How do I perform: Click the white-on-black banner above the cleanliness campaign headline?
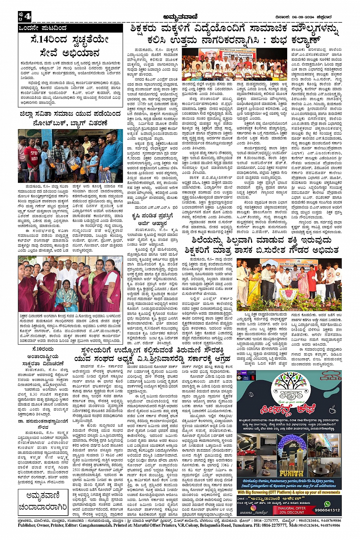pyautogui.click(x=70, y=28)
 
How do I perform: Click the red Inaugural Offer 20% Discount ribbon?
pyautogui.click(x=291, y=510)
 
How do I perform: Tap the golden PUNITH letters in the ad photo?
pyautogui.click(x=291, y=473)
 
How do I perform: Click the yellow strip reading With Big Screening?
pyautogui.click(x=289, y=492)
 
